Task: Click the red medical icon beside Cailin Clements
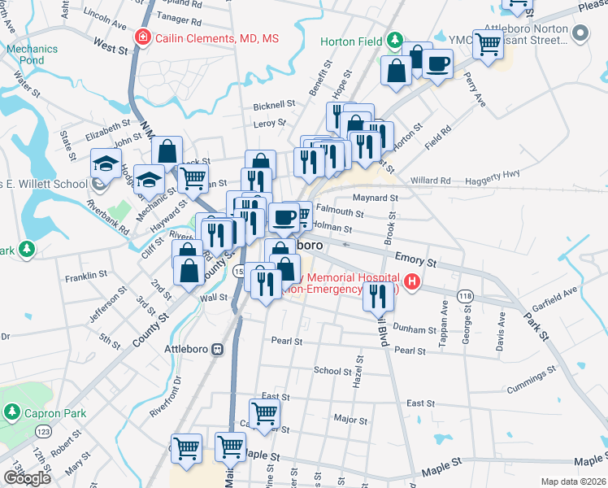point(143,38)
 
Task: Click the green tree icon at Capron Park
point(12,413)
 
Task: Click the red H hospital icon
point(412,283)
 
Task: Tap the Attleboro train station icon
point(218,349)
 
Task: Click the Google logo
point(27,478)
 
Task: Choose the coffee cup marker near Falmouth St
point(284,217)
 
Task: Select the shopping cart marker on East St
point(264,413)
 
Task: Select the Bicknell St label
point(274,105)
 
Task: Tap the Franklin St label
point(86,277)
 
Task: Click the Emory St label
point(415,259)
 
